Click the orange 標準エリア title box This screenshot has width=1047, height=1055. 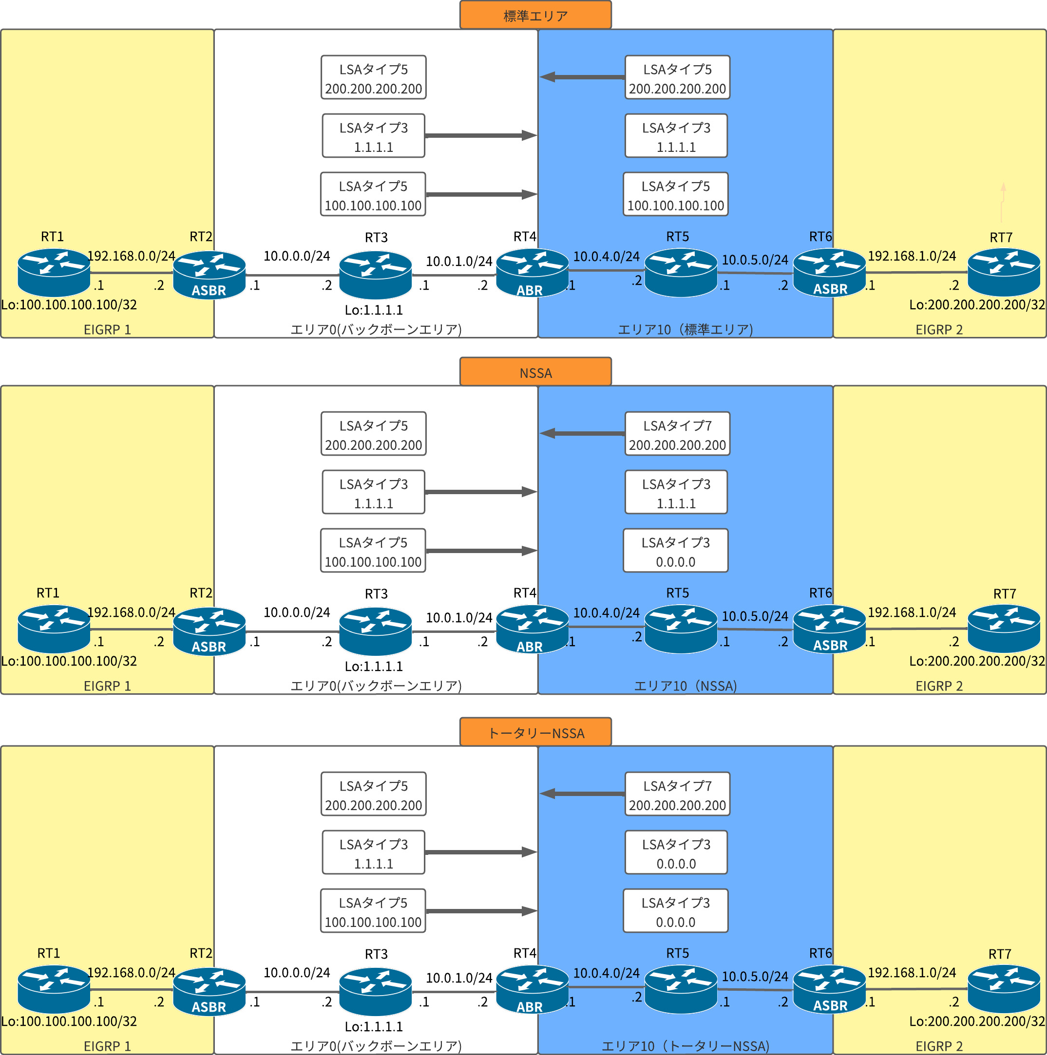click(535, 15)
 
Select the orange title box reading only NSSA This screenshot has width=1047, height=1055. click(535, 372)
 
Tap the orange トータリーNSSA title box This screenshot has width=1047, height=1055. click(535, 732)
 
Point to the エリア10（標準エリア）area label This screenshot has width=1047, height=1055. click(685, 329)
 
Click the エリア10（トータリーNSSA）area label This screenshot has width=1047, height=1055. click(685, 1046)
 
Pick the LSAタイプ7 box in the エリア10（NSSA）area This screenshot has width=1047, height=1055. click(677, 434)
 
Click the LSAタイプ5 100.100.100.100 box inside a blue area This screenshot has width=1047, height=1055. click(675, 195)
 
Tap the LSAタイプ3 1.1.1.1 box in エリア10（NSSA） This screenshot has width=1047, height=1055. click(676, 493)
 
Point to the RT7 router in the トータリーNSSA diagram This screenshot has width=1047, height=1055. click(1003, 988)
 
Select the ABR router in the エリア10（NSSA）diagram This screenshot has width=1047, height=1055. click(532, 629)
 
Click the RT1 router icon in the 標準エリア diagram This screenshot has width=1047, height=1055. click(54, 272)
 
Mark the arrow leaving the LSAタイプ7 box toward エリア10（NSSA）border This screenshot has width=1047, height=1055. click(582, 434)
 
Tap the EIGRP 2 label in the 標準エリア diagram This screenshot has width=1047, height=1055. click(939, 329)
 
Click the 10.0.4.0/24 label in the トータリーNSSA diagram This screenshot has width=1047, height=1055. click(606, 973)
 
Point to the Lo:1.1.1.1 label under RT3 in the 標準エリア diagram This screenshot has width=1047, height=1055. click(374, 310)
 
